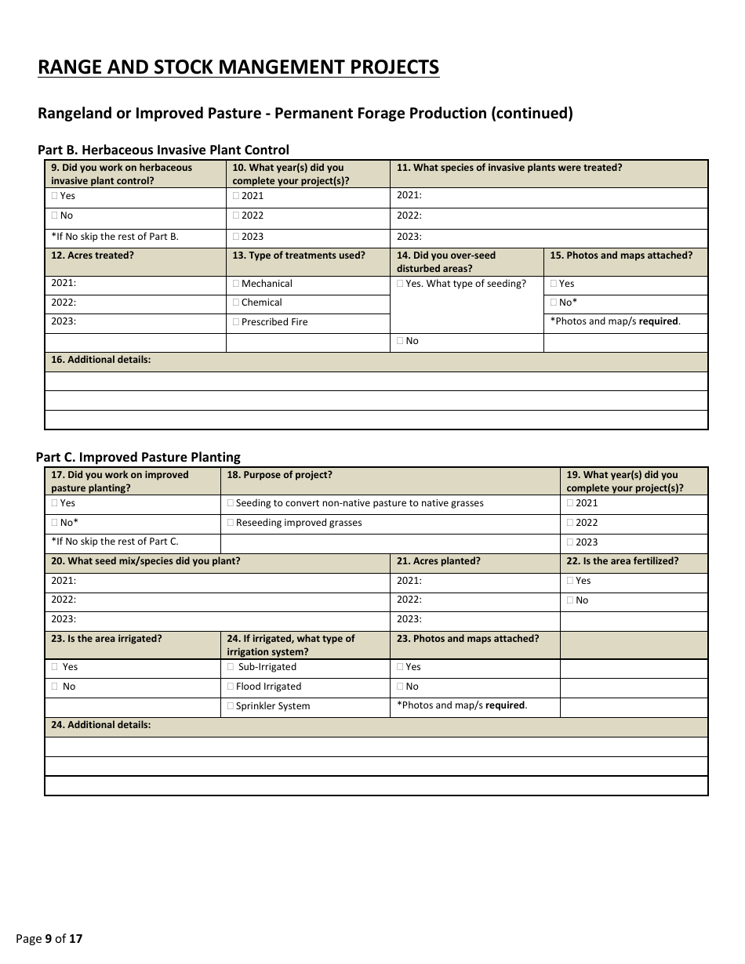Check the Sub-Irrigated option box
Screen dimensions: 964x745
pos(231,667)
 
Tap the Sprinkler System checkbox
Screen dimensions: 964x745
pos(231,706)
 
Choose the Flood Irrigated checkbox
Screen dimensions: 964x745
pos(231,687)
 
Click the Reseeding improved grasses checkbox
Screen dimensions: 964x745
pos(231,523)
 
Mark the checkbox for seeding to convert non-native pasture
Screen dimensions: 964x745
pos(231,503)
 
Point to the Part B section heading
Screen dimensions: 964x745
pos(163,150)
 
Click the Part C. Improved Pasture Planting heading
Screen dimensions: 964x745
pos(138,457)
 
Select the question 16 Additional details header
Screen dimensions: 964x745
pos(100,360)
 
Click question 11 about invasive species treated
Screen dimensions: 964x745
pos(509,168)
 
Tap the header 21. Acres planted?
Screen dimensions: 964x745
pos(438,561)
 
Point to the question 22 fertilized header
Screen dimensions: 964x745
pos(622,561)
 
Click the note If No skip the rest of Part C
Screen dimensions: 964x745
pos(114,542)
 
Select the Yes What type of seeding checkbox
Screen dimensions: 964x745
pos(401,284)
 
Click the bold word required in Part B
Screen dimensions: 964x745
pos(659,321)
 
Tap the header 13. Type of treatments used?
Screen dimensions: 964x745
pos(299,255)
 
